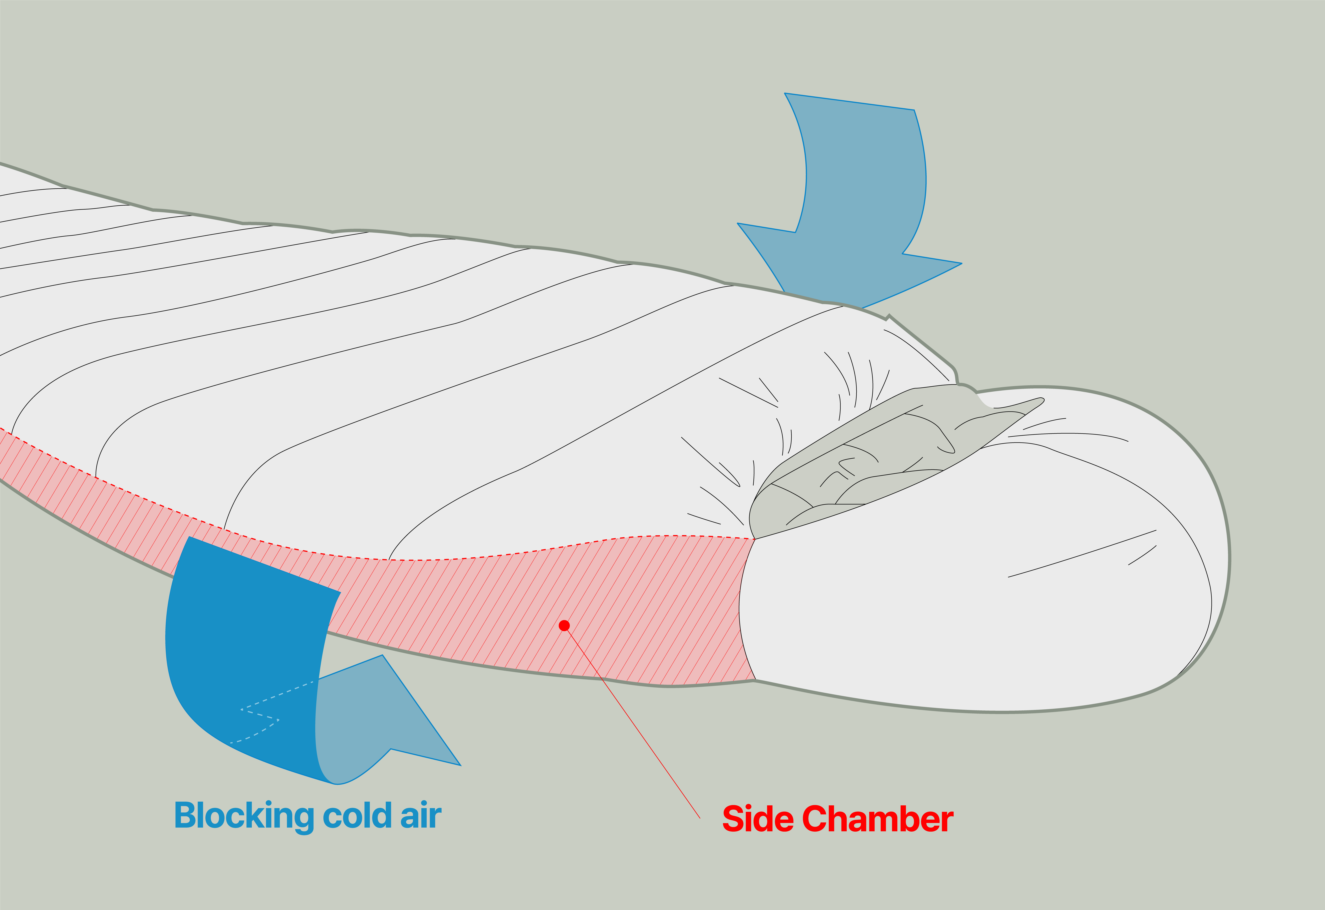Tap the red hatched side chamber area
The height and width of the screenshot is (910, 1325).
click(x=513, y=610)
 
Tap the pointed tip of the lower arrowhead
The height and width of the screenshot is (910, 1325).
click(x=460, y=765)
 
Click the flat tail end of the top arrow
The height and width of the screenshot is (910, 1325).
click(x=849, y=101)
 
